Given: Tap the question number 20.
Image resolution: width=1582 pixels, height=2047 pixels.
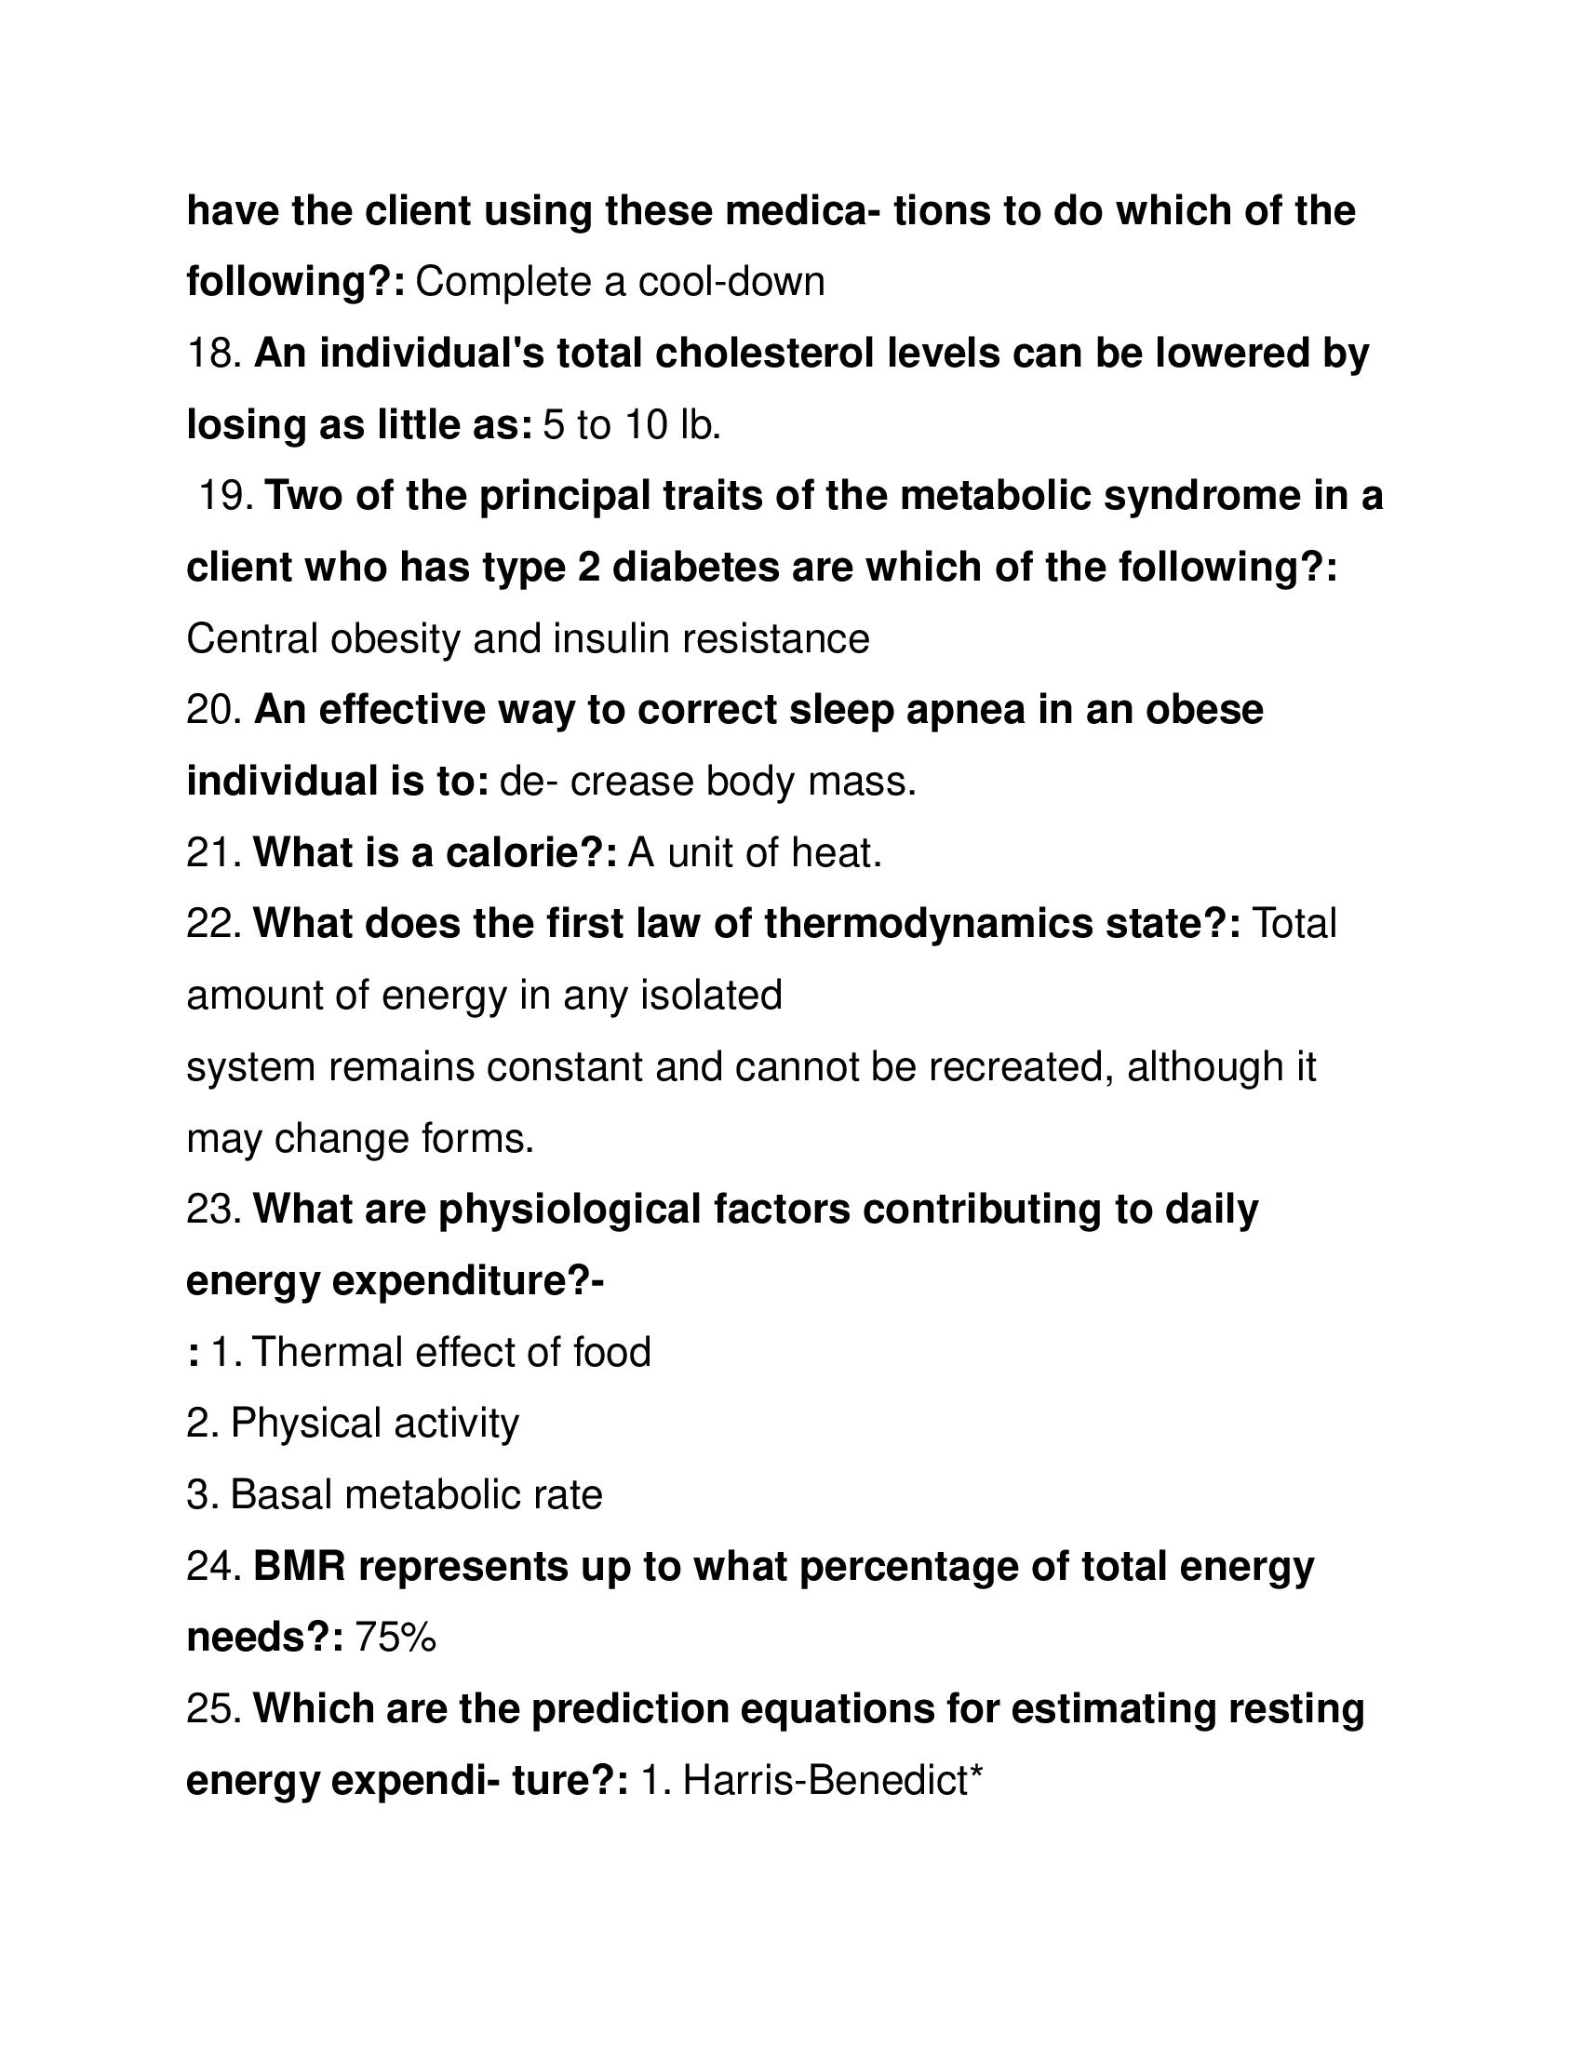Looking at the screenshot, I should [x=214, y=711].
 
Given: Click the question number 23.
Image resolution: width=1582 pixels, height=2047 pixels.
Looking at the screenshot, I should [x=214, y=1210].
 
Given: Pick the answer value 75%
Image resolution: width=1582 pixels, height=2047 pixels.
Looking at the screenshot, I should [x=395, y=1639].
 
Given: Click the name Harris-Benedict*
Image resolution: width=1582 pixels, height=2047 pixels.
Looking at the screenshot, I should [x=831, y=1781].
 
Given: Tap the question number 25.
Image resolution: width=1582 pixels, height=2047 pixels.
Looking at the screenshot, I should [x=214, y=1709].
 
